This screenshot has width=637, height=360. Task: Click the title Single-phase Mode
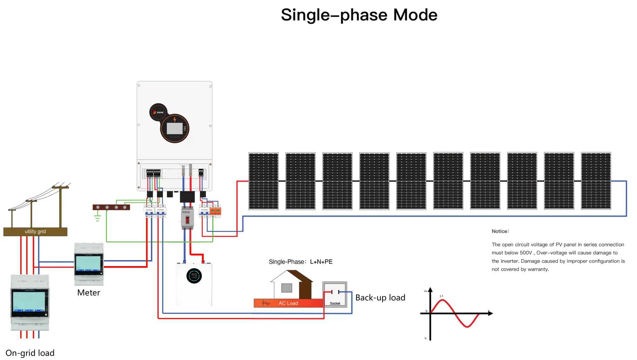tap(359, 15)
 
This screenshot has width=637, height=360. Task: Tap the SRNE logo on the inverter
tap(158, 112)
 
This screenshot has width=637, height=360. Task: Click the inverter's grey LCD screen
tap(175, 128)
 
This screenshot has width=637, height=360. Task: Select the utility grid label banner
tap(35, 232)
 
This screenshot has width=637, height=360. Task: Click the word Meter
tap(89, 293)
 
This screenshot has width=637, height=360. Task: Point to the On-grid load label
tap(30, 353)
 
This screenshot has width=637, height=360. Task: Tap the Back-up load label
tap(380, 298)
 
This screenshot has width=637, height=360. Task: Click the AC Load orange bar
tap(288, 303)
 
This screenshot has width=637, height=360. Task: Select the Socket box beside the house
tap(335, 295)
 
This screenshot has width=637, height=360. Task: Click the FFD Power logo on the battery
tap(194, 276)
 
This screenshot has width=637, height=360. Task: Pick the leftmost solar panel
tap(263, 181)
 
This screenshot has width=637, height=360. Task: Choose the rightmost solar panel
tap(596, 181)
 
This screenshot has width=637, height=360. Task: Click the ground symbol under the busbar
tap(97, 218)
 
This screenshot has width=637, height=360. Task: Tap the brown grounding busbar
tap(111, 207)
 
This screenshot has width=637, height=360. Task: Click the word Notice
tap(500, 231)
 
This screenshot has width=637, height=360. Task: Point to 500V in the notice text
tap(526, 253)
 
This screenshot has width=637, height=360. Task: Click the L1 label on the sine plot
tap(441, 296)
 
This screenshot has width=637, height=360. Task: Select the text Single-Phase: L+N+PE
tap(301, 262)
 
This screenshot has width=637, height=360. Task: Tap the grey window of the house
tap(287, 288)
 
